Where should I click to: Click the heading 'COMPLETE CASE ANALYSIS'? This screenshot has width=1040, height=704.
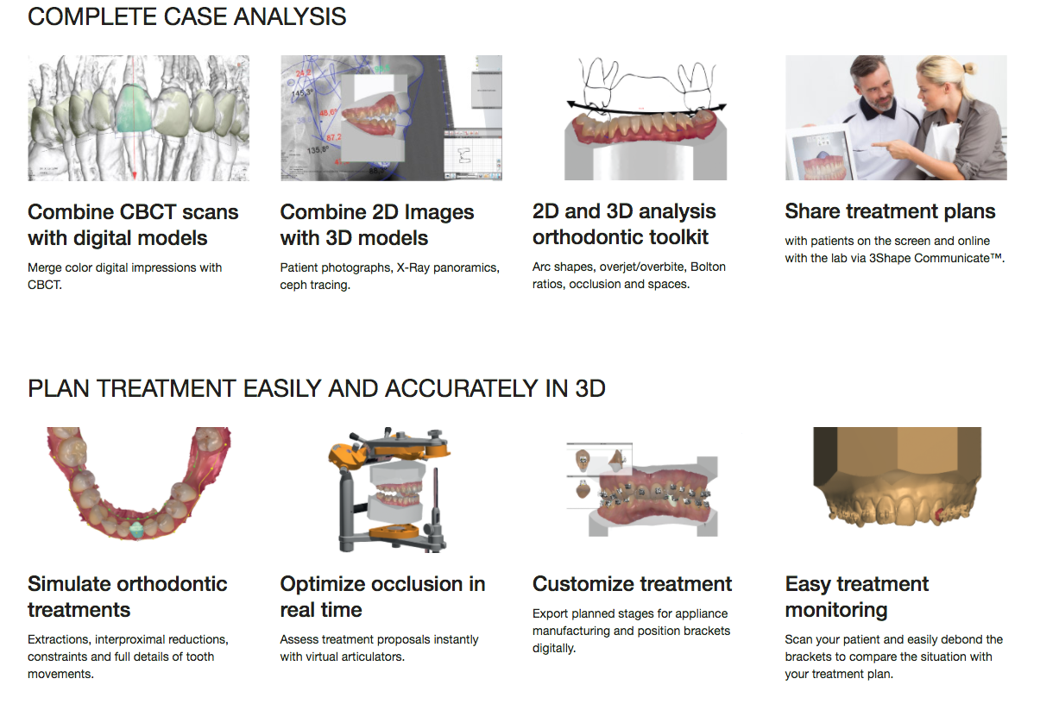187,16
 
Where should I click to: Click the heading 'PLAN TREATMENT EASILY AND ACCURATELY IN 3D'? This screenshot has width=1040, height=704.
317,388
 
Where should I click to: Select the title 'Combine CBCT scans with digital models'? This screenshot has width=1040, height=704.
133,224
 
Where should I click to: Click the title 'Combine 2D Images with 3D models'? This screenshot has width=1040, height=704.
377,224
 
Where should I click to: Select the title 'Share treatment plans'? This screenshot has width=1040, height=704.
890,211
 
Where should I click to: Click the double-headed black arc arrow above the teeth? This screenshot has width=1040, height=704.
646,107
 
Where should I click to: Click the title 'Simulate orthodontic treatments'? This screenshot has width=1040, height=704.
128,596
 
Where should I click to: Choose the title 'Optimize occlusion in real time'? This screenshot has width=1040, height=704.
382,596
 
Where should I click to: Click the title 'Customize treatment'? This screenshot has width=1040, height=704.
632,584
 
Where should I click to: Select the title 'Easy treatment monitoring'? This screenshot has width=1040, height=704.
856,596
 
